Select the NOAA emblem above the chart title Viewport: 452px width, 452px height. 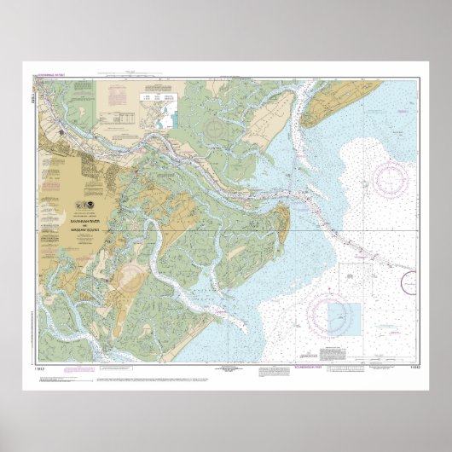click(x=91, y=206)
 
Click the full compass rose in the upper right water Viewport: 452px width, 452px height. click(x=391, y=180)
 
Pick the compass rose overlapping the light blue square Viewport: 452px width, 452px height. click(x=333, y=316)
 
